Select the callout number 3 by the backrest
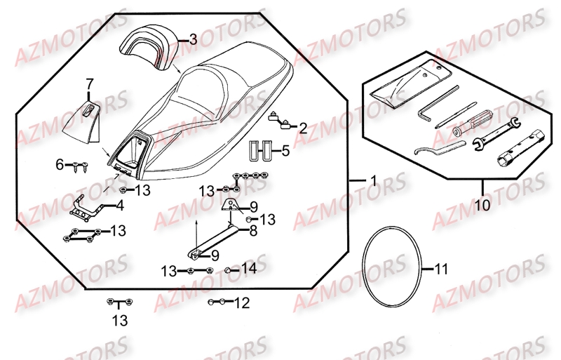[193, 41]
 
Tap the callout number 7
[89, 85]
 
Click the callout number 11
[440, 269]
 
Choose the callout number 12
[241, 303]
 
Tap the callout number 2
[302, 128]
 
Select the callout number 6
[60, 165]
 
